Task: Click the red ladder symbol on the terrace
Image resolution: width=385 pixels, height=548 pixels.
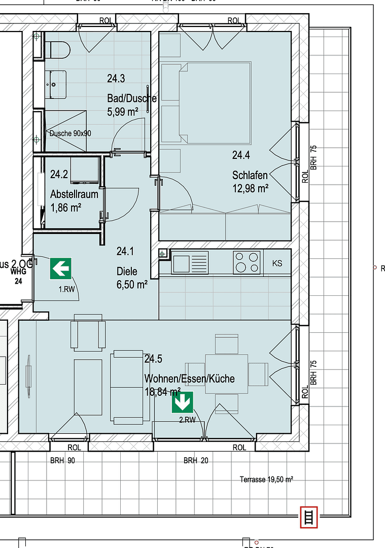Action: point(308,517)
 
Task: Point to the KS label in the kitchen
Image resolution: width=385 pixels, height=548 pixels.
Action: point(277,263)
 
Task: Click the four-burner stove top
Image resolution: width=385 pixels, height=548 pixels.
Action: point(247,263)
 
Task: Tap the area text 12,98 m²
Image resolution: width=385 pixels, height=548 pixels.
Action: point(250,188)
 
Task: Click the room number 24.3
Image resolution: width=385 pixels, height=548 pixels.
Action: point(116,79)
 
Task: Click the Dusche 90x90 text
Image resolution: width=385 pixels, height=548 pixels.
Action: point(70,133)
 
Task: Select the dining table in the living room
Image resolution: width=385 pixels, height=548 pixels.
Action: point(226,373)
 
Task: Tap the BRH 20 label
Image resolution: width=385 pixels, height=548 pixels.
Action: point(195,461)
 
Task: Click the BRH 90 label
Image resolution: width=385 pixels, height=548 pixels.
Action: point(62,461)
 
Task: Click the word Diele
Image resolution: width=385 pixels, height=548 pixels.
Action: point(127,271)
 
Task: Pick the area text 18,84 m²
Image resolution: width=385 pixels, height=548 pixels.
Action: point(162,391)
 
